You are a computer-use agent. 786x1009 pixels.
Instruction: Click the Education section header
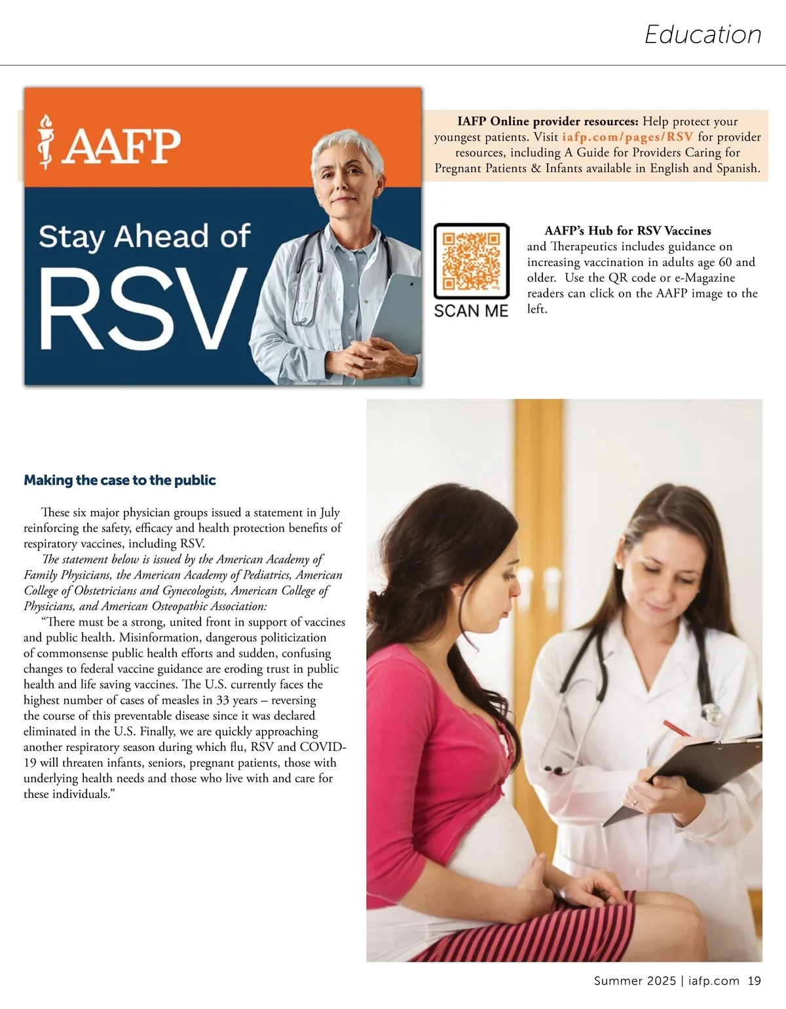(703, 35)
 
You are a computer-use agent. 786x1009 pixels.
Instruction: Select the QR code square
(471, 261)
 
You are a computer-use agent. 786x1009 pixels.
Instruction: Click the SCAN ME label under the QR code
(471, 311)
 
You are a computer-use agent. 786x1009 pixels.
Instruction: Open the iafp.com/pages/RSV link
(627, 137)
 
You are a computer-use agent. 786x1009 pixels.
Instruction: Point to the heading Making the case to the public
(120, 480)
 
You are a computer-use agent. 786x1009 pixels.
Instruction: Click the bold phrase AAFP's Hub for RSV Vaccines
(627, 231)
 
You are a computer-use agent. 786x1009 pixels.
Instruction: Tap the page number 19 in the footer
(754, 981)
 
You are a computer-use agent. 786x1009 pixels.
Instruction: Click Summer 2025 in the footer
(635, 981)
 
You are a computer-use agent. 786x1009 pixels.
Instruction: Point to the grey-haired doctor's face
(346, 175)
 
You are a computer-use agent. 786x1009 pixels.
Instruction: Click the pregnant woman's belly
(498, 845)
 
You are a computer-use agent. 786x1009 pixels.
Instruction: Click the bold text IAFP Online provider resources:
(548, 121)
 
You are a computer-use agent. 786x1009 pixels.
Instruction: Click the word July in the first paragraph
(329, 512)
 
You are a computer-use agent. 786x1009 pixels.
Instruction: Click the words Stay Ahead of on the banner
(144, 237)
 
